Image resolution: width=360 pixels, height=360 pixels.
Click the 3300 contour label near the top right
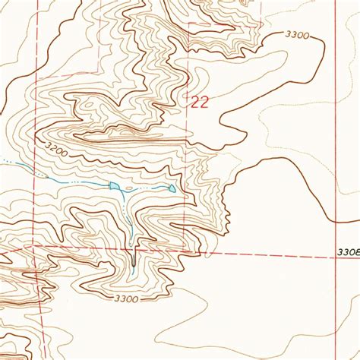[298, 36]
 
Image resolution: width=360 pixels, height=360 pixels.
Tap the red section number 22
[199, 103]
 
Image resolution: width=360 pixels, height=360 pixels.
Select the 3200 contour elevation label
[56, 149]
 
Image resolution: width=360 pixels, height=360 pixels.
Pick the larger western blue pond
[113, 185]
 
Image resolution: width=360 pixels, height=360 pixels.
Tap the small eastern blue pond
[172, 188]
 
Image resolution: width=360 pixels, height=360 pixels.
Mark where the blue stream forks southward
[122, 190]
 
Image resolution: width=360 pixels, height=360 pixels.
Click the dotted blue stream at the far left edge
[6, 162]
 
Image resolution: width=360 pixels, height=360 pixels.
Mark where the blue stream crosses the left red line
[34, 174]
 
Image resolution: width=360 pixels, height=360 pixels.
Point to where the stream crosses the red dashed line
[134, 248]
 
